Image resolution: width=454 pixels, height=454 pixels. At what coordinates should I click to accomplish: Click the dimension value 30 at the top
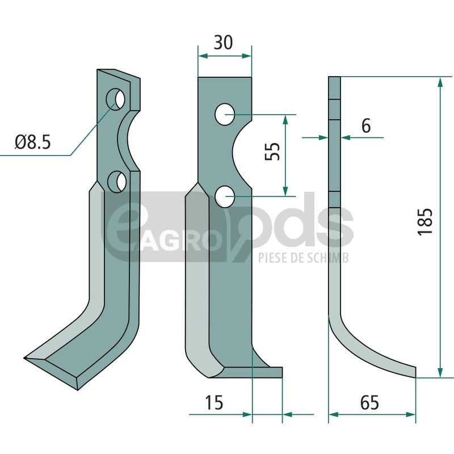tap(223, 43)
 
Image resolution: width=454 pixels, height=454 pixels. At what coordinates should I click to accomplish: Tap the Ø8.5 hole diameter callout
tap(33, 142)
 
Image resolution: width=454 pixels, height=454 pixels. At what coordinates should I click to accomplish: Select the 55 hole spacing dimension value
tap(272, 152)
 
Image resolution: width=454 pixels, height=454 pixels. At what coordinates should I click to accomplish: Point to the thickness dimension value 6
tap(366, 126)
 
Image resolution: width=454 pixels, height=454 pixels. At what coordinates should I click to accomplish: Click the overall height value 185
tap(425, 221)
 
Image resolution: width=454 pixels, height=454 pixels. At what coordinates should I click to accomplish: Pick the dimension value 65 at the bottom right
tap(369, 402)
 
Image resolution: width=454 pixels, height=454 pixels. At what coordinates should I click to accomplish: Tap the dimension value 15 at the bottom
tap(214, 402)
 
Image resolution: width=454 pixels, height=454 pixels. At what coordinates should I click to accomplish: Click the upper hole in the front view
tap(225, 115)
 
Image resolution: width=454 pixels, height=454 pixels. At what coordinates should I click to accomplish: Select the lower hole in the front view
tap(225, 196)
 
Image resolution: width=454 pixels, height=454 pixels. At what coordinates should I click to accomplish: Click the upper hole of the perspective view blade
tap(116, 99)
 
